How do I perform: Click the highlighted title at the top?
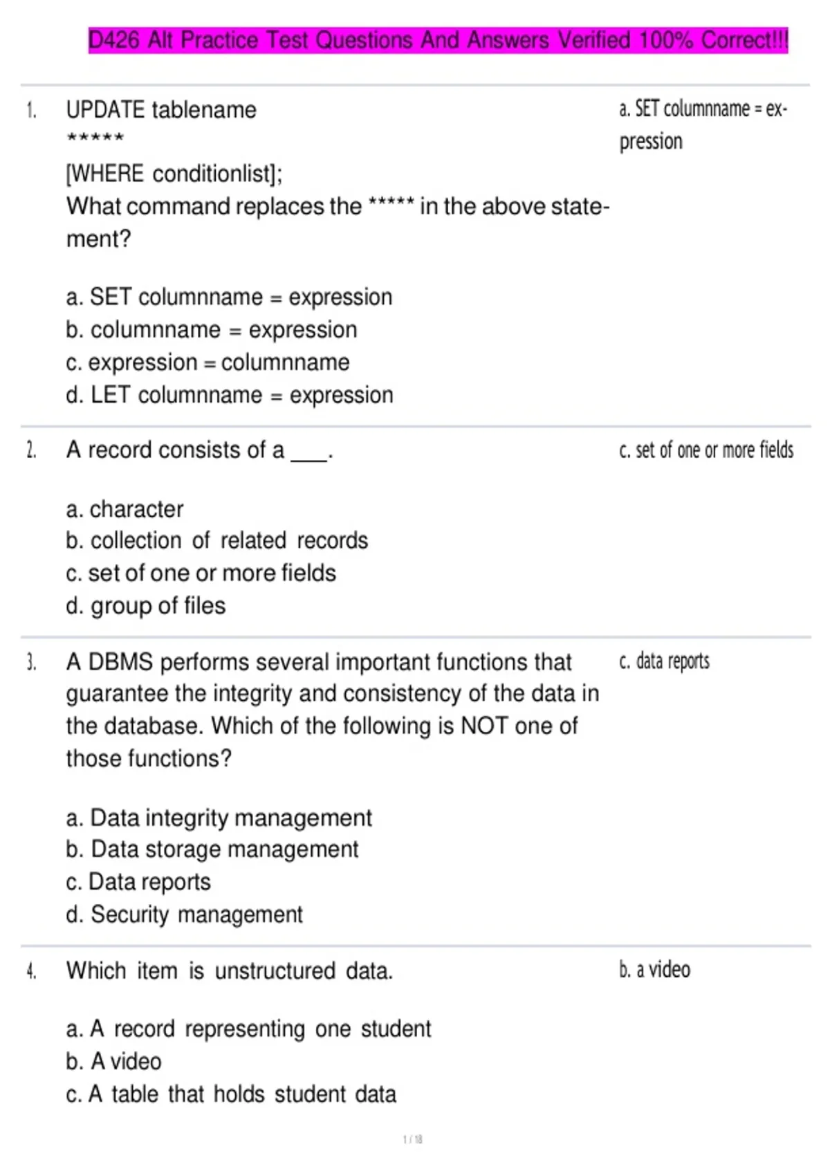click(438, 40)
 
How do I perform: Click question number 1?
click(31, 111)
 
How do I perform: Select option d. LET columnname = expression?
click(230, 395)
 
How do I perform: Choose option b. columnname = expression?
click(212, 330)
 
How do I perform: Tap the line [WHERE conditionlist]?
click(174, 174)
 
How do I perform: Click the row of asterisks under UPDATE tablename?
click(95, 138)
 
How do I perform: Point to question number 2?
click(31, 451)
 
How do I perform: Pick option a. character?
click(125, 509)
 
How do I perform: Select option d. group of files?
click(146, 606)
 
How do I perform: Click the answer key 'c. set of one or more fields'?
click(706, 450)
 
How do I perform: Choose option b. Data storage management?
click(212, 849)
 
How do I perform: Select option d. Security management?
click(185, 915)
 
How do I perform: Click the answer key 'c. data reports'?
click(664, 661)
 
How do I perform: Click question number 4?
click(31, 971)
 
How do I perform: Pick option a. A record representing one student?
click(248, 1029)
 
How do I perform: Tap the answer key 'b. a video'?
click(654, 970)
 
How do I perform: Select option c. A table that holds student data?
click(231, 1094)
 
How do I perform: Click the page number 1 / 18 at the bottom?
click(413, 1139)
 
